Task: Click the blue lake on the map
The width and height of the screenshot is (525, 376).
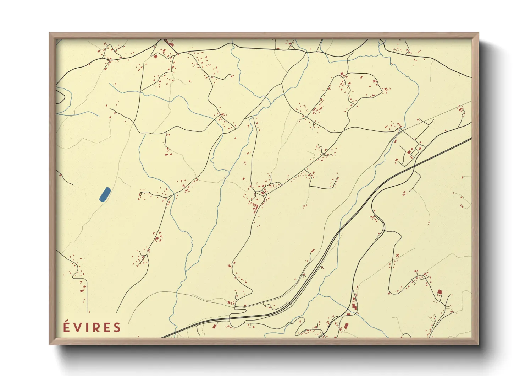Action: click(x=105, y=194)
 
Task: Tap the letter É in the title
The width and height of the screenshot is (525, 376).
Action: click(x=67, y=327)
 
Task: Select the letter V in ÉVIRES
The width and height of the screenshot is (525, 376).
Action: click(x=78, y=328)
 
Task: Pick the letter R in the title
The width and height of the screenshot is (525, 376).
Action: click(x=95, y=328)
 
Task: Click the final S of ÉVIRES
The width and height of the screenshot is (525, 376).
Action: click(x=117, y=328)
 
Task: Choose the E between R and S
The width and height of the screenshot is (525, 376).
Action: click(x=106, y=328)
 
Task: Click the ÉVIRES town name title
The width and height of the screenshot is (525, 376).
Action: click(x=92, y=327)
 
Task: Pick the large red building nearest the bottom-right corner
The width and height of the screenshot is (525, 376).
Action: click(x=440, y=292)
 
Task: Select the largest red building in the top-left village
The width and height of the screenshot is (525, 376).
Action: click(x=155, y=56)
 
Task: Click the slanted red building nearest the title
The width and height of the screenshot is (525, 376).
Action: click(x=214, y=326)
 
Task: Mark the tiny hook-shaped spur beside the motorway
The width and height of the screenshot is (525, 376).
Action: click(x=322, y=267)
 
